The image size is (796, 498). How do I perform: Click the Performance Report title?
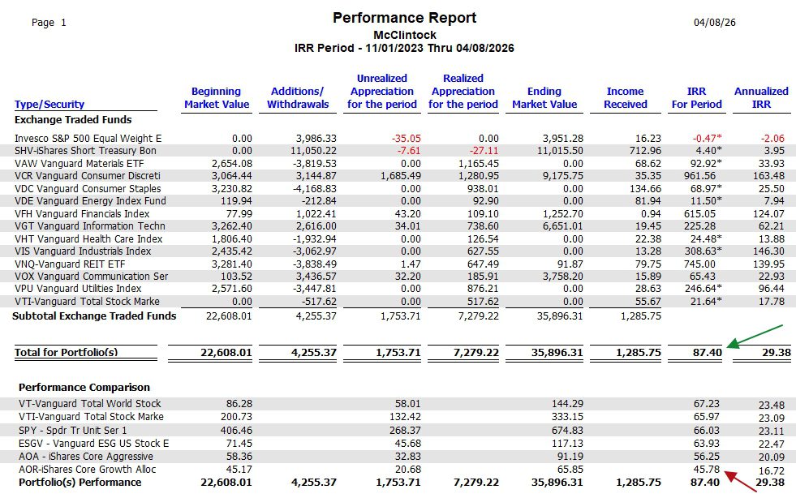pyautogui.click(x=404, y=18)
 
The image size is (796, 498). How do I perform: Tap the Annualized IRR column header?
pyautogui.click(x=760, y=97)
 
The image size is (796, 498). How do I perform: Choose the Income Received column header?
pyautogui.click(x=625, y=97)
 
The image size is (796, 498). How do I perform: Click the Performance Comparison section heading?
pyautogui.click(x=84, y=387)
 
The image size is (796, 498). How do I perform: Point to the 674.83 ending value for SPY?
pyautogui.click(x=565, y=429)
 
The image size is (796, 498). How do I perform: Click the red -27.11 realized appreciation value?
pyautogui.click(x=481, y=151)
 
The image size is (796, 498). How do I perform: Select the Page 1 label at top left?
pyautogui.click(x=49, y=23)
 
